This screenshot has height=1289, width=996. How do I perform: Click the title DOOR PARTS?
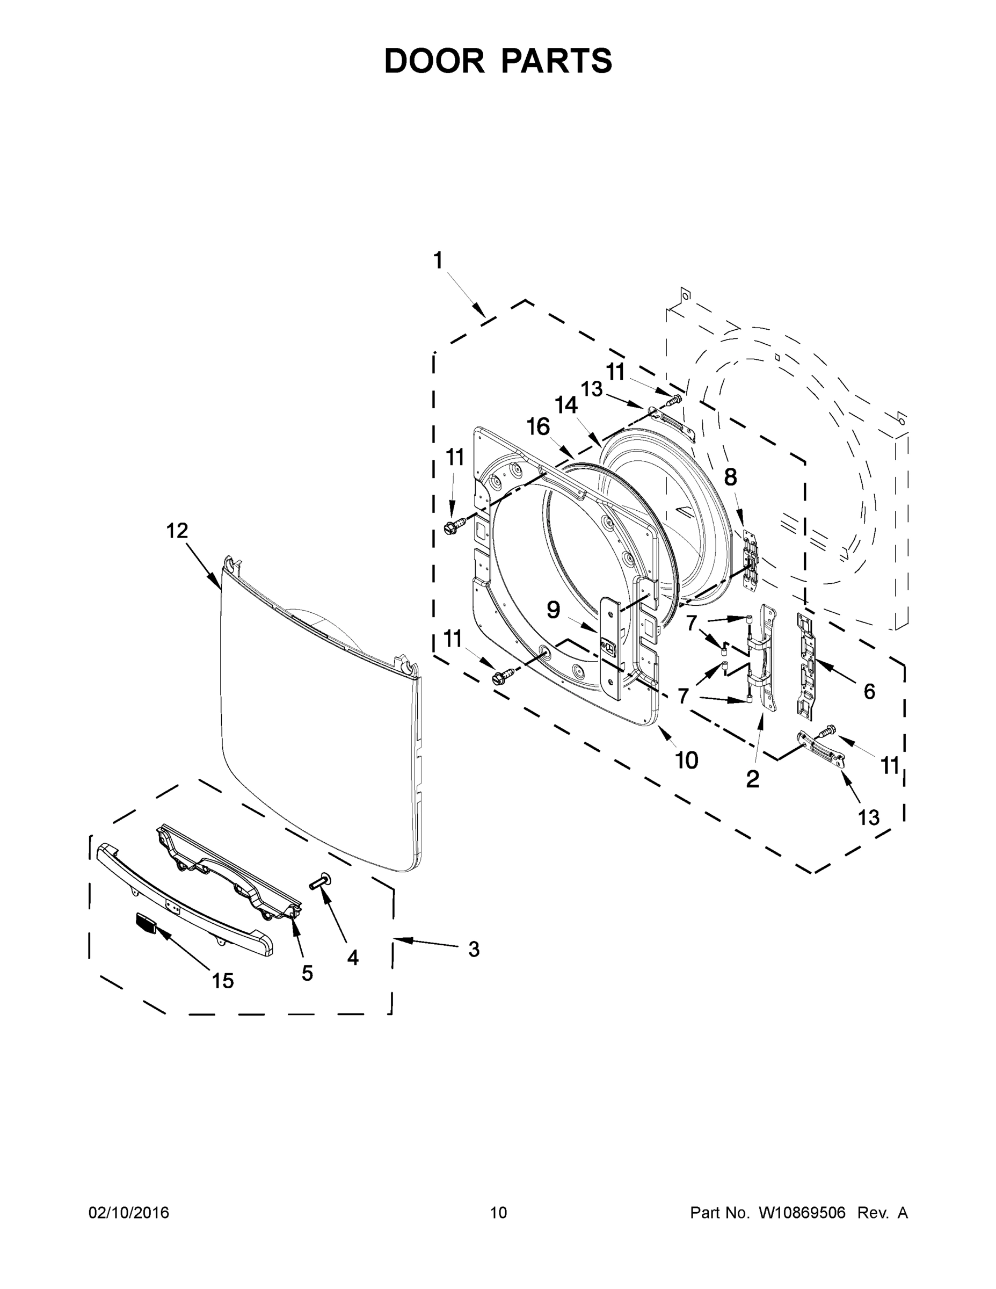(498, 61)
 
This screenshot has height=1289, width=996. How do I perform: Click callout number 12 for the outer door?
(177, 531)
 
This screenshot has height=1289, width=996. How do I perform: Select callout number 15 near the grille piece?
(222, 981)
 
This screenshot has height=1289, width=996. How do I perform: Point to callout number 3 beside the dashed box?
(474, 949)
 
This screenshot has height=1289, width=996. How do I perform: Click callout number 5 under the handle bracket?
(307, 973)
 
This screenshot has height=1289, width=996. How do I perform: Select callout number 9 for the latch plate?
(553, 610)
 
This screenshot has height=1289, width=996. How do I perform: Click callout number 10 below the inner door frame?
(686, 761)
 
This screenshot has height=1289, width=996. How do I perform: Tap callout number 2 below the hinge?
(752, 779)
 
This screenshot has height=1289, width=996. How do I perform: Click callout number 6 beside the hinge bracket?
(869, 691)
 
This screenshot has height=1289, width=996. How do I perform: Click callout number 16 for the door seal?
(538, 426)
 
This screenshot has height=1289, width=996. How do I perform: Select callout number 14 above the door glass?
(566, 405)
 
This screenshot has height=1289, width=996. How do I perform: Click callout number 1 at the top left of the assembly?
(438, 260)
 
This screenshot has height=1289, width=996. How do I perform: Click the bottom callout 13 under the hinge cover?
(869, 817)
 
